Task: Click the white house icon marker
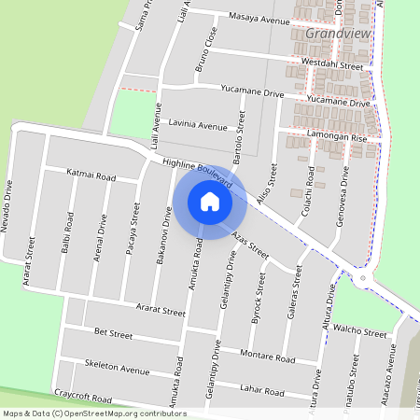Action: point(210,202)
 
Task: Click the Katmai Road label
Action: point(91,175)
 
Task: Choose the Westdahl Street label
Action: point(333,65)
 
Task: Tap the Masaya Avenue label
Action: point(260,20)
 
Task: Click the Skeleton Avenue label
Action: point(117,367)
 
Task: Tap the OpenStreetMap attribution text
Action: point(94,413)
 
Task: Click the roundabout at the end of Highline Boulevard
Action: point(362,277)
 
